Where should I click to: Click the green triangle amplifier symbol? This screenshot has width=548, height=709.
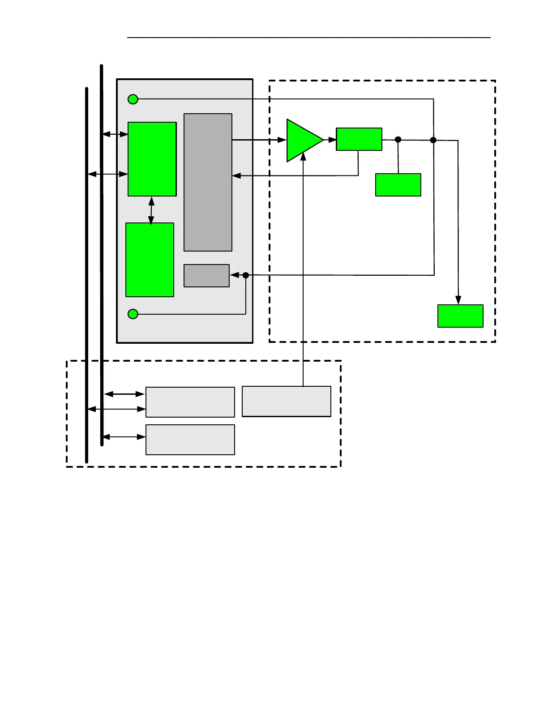pos(302,140)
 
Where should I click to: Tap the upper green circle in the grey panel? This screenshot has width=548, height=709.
pos(133,99)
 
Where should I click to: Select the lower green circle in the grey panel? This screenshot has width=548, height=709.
pos(133,314)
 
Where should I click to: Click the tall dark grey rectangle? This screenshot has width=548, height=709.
pos(208,182)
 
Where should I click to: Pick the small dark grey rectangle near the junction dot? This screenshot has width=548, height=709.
pos(206,276)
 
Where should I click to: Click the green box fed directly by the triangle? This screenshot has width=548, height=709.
pos(359,139)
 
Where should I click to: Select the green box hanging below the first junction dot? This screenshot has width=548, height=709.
pos(398,185)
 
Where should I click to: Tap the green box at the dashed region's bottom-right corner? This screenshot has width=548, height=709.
pos(460,316)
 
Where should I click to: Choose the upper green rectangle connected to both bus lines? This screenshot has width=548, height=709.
pos(152,159)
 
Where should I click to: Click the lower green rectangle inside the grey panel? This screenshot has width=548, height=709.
pos(150,260)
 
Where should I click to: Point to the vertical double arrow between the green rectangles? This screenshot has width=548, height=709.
pos(151,210)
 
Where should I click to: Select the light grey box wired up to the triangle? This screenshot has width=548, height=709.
pos(287,401)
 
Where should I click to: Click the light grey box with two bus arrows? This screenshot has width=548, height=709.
pos(190,402)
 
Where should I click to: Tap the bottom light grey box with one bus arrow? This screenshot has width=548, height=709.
pos(190,440)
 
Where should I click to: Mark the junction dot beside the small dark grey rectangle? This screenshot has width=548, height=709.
pos(246,275)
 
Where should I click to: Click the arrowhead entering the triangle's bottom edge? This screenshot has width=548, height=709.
pos(303,156)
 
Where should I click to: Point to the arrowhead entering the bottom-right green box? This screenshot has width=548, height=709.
pos(458,300)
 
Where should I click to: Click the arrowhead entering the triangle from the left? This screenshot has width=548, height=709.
pos(282,140)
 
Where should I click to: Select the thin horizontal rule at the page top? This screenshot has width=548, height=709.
pos(309,38)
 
